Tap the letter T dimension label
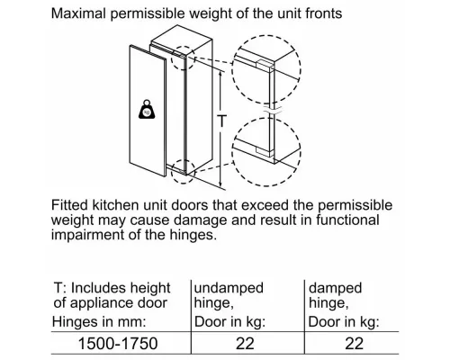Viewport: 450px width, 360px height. coord(221,121)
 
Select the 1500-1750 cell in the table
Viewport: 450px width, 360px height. coord(118,344)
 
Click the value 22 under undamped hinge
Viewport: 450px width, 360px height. coord(245,344)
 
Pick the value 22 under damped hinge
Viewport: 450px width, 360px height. coord(354,344)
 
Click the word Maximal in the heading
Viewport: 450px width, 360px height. coord(78,13)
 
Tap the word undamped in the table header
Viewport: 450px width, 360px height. coord(229,288)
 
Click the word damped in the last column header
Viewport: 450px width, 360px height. coord(336,288)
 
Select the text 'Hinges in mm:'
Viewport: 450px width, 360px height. coord(99,322)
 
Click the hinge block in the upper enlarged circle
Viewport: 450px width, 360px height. coord(265,64)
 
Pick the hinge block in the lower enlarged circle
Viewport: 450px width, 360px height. coord(265,152)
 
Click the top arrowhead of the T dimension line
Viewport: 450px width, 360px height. coord(220,74)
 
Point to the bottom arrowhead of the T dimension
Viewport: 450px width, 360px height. coord(220,184)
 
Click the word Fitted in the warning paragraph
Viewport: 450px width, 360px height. coord(69,205)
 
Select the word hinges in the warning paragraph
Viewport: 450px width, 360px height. coord(193,234)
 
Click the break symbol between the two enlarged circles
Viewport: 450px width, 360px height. coord(272,110)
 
